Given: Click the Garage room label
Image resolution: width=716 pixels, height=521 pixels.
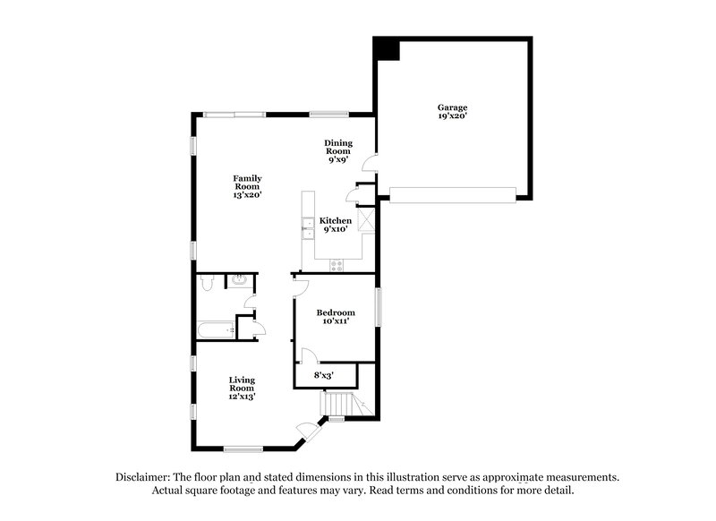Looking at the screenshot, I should [x=452, y=107].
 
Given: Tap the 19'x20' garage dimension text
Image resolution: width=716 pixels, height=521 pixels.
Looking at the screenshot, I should [x=452, y=115].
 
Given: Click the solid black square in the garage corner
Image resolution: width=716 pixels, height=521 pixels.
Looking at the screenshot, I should [x=387, y=49].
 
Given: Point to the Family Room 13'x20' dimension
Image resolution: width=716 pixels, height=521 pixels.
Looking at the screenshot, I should [x=247, y=194].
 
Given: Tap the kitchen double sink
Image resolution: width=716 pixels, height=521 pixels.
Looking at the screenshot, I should [x=305, y=231].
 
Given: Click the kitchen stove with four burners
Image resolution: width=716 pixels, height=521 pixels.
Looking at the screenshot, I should [x=337, y=264].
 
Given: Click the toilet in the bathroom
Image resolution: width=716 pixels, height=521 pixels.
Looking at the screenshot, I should [x=207, y=283].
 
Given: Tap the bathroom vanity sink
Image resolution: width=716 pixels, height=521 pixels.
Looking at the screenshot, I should [x=239, y=281].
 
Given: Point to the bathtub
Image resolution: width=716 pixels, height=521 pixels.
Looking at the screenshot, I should [x=216, y=330].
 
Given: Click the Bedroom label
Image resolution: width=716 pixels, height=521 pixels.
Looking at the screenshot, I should [x=336, y=312].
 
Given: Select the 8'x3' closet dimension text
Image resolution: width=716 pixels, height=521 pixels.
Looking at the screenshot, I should [x=323, y=376].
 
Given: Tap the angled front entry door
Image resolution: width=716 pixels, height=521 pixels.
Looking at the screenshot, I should [x=310, y=431].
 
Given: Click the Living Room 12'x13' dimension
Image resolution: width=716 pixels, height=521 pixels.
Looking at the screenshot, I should [x=242, y=396].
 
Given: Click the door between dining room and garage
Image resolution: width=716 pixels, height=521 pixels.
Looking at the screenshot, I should [x=370, y=164].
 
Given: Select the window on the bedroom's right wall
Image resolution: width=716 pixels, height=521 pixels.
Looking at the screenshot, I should [x=377, y=307].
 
